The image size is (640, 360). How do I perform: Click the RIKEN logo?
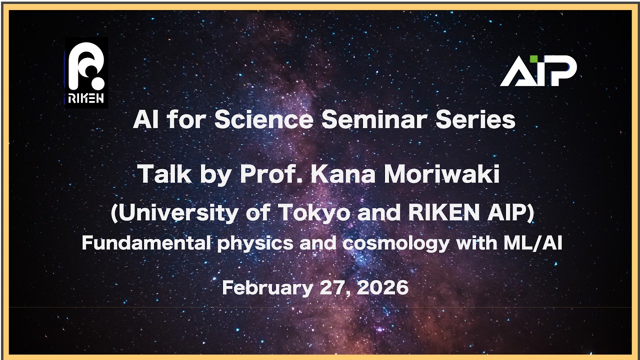(x=86, y=72)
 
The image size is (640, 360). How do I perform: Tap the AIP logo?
(x=538, y=71)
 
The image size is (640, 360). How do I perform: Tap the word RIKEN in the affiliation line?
(x=442, y=213)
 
